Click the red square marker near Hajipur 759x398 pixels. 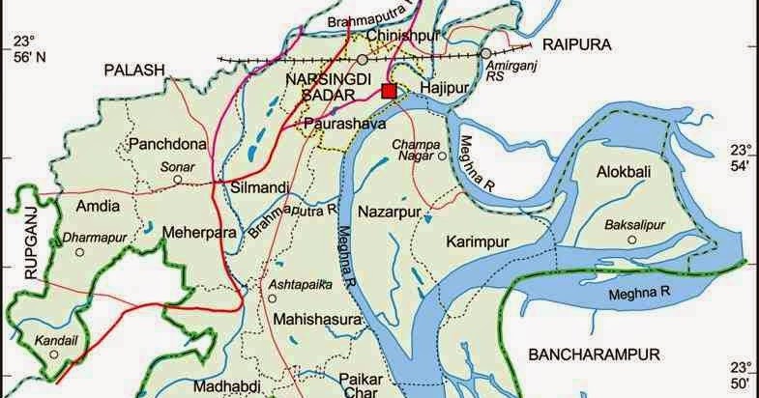pos(389,91)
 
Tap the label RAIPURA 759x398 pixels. pos(577,44)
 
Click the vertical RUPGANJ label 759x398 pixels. pos(30,245)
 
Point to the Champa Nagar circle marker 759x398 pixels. pos(442,156)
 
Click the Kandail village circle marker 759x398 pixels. pos(57,354)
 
